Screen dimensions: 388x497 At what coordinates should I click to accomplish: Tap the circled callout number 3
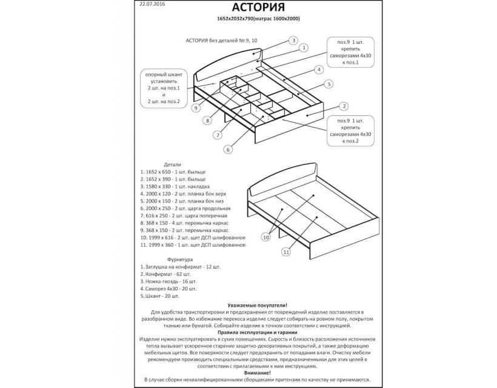coord(293,41)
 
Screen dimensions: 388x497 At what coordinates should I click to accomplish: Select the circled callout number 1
coord(304,47)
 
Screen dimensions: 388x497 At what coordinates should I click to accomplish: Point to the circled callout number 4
coord(318,70)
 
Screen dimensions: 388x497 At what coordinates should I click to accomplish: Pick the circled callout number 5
coord(329,84)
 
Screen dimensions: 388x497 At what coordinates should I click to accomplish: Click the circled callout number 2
coord(343,107)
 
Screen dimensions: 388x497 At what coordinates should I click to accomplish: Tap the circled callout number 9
coord(196,108)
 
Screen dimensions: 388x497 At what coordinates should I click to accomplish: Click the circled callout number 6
coord(228,149)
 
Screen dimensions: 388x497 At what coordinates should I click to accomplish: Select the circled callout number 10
coord(265,238)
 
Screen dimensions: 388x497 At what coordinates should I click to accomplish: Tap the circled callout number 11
coord(285,252)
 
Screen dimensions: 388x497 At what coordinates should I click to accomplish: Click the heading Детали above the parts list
coord(172,165)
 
